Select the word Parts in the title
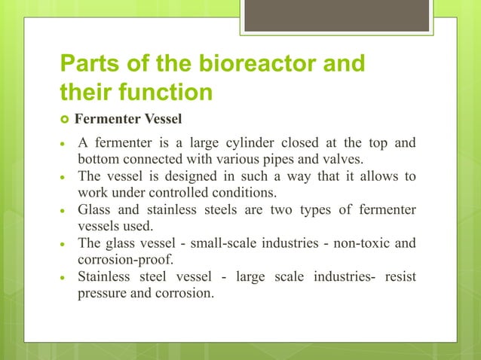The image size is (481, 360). [86, 64]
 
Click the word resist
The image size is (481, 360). [399, 276]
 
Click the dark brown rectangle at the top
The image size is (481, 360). [336, 17]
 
